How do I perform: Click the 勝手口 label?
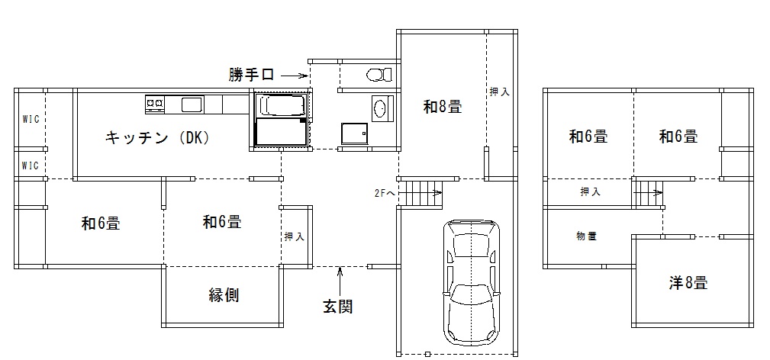[x=251, y=75]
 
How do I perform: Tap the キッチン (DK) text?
[x=156, y=138]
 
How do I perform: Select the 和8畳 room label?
[x=443, y=107]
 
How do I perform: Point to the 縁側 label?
[x=224, y=295]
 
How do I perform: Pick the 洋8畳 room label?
[x=688, y=283]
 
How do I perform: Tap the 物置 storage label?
[x=586, y=236]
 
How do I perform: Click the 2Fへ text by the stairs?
[x=385, y=193]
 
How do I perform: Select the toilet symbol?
[x=377, y=75]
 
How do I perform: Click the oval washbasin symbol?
[x=380, y=108]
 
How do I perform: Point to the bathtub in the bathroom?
[x=282, y=104]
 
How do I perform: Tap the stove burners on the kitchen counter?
[x=155, y=103]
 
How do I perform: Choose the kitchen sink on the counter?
[x=191, y=104]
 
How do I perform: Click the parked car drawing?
[x=472, y=282]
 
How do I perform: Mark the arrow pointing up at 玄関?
[x=339, y=275]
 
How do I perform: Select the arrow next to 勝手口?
[x=295, y=76]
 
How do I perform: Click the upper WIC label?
[x=30, y=119]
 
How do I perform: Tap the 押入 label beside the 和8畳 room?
[x=500, y=92]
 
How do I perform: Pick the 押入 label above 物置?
[x=590, y=192]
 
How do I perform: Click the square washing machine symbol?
[x=353, y=134]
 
